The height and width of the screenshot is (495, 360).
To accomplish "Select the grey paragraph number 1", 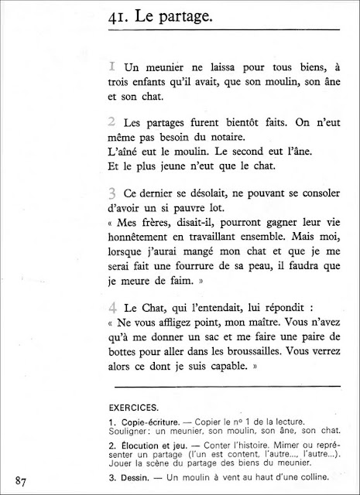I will (x=113, y=70).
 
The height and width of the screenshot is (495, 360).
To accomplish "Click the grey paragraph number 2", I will (x=113, y=122).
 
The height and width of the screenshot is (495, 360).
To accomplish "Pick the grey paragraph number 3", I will (x=113, y=192).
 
